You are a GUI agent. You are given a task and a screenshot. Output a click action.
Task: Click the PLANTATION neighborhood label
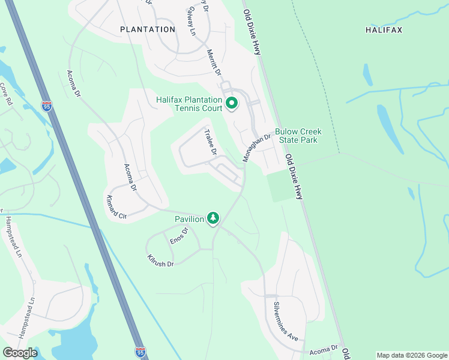(148, 29)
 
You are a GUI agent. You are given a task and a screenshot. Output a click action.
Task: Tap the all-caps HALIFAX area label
(384, 29)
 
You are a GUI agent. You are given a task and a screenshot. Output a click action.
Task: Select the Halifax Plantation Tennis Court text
(189, 104)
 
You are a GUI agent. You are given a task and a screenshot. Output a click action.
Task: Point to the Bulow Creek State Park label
(298, 136)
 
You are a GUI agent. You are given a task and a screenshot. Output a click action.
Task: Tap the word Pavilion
(190, 219)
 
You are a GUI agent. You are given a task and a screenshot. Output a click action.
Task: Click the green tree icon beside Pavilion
(212, 218)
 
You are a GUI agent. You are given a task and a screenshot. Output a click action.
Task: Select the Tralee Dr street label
(210, 143)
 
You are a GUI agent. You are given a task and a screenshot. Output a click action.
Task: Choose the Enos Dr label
(179, 235)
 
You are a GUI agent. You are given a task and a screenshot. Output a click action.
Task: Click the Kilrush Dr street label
(160, 260)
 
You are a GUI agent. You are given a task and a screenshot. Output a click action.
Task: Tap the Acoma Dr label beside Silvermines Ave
(324, 349)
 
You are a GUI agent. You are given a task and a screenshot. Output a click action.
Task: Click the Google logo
(20, 353)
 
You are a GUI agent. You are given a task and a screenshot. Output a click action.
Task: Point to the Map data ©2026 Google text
(411, 355)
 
